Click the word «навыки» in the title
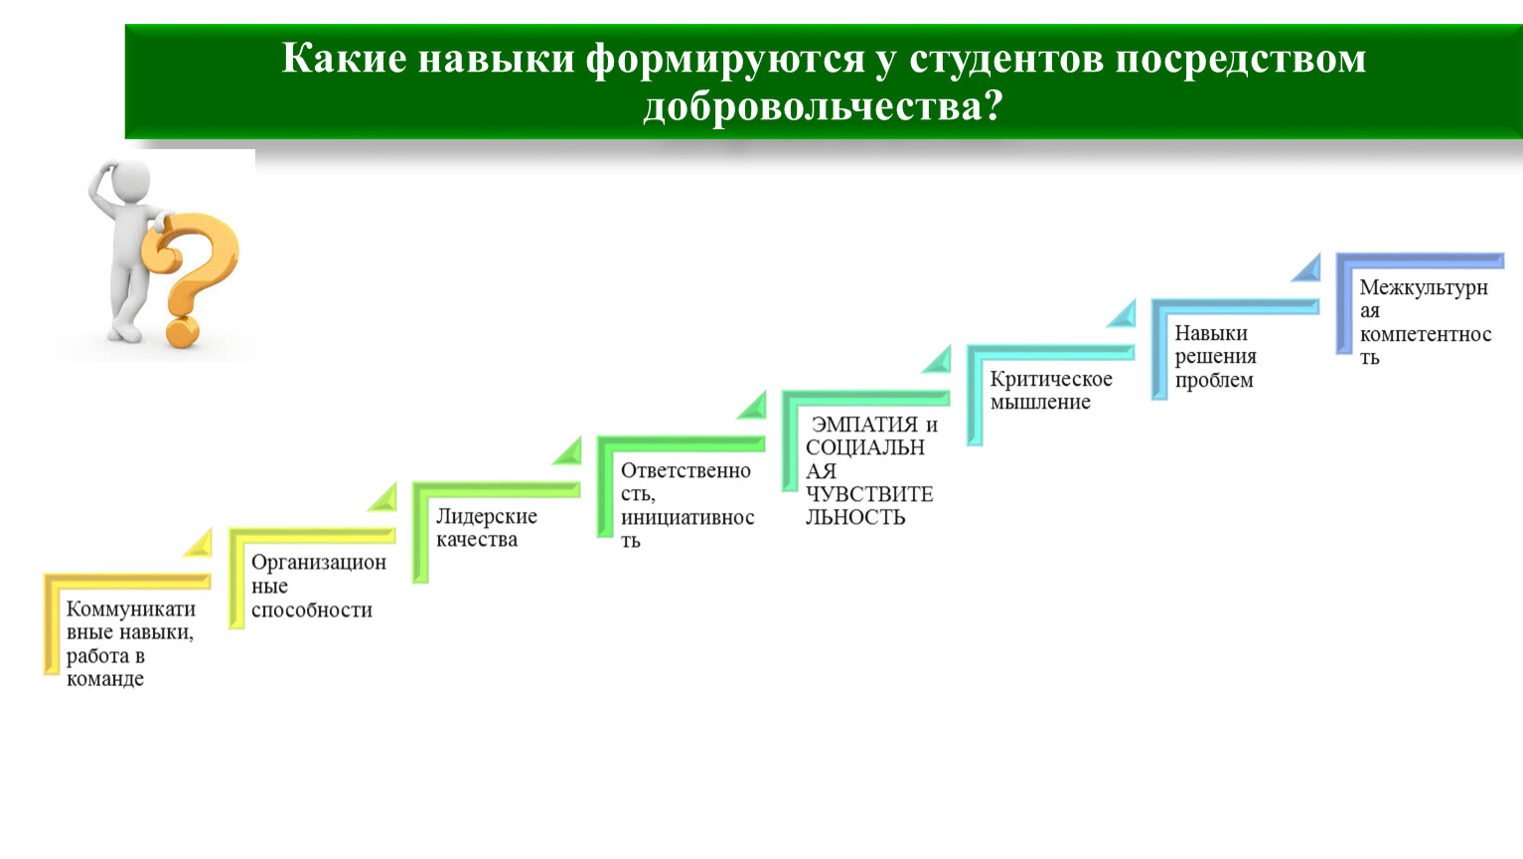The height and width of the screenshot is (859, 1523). click(x=497, y=60)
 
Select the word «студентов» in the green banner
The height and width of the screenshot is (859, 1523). click(x=1007, y=60)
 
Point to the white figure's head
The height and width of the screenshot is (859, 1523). click(x=129, y=180)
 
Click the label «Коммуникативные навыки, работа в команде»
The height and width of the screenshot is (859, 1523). click(x=130, y=643)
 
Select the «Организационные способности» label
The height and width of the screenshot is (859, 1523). click(x=318, y=586)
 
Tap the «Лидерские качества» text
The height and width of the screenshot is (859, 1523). click(x=486, y=528)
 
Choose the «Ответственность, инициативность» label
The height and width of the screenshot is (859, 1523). click(x=687, y=505)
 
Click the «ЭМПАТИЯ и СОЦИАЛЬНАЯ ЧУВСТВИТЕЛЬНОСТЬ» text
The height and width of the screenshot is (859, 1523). click(x=871, y=470)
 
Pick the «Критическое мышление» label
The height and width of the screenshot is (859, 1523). click(x=1051, y=390)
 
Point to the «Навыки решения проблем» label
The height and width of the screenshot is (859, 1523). click(x=1216, y=356)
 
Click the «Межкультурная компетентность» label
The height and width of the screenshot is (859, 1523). click(x=1425, y=321)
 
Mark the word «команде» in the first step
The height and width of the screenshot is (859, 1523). click(x=105, y=679)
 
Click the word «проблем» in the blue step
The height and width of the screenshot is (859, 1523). click(x=1214, y=380)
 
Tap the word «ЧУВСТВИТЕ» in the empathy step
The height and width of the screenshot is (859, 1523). click(x=869, y=493)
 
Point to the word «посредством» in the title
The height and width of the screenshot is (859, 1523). click(x=1241, y=60)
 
